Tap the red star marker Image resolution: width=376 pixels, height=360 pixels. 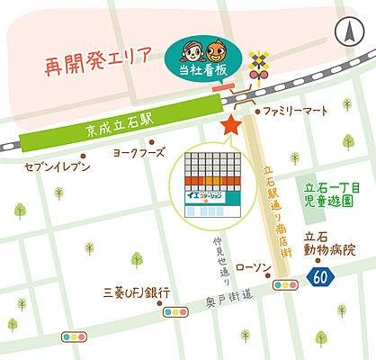232,124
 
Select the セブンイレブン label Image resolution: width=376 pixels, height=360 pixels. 58,167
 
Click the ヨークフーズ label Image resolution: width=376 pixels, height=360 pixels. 139,153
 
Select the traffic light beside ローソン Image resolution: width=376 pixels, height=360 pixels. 287,285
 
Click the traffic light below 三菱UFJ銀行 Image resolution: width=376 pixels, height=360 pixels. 174,312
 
